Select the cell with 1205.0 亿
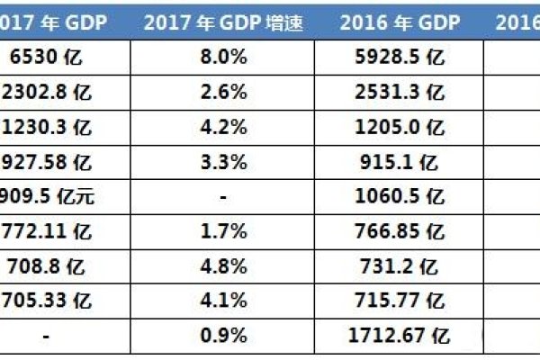point(400,128)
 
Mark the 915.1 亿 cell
point(400,162)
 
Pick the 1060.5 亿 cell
point(400,195)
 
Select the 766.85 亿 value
point(400,229)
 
